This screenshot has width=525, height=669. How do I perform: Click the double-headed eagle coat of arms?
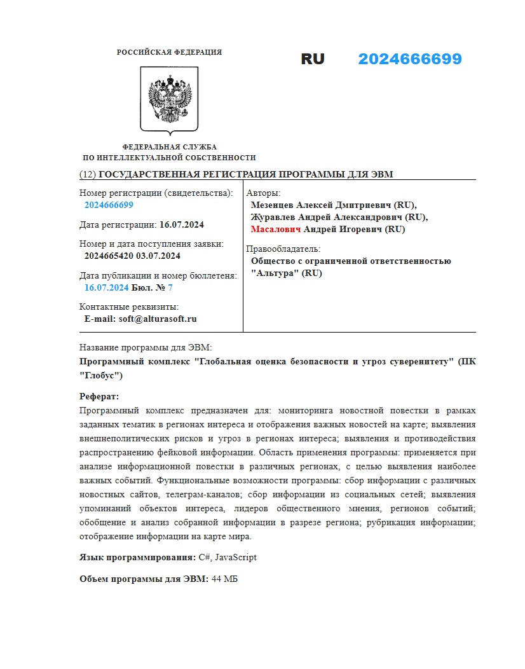pyautogui.click(x=169, y=100)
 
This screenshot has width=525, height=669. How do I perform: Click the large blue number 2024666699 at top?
pyautogui.click(x=409, y=59)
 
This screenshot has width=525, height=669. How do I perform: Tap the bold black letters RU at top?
pyautogui.click(x=313, y=59)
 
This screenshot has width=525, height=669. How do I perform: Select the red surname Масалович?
pyautogui.click(x=276, y=230)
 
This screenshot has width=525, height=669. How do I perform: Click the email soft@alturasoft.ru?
pyautogui.click(x=158, y=319)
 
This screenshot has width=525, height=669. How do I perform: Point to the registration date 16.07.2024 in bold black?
pyautogui.click(x=182, y=224)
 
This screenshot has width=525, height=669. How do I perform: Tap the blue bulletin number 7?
pyautogui.click(x=170, y=287)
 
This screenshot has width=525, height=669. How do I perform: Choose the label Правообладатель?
pyautogui.click(x=283, y=249)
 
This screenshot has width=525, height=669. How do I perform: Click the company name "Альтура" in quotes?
pyautogui.click(x=275, y=273)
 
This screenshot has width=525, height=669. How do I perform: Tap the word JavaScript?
pyautogui.click(x=236, y=557)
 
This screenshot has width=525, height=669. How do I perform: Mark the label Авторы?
pyautogui.click(x=263, y=193)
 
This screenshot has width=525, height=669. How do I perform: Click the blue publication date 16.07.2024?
pyautogui.click(x=106, y=287)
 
